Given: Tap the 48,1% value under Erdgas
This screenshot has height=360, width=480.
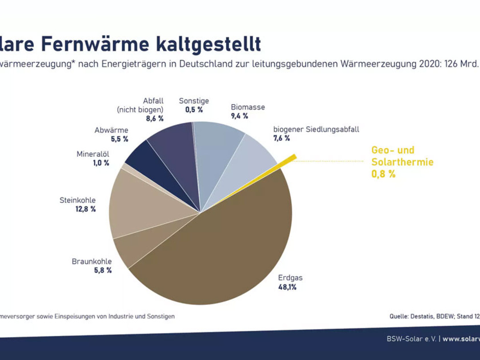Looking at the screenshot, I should click(287, 287).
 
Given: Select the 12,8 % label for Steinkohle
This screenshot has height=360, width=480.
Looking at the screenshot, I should click(85, 209).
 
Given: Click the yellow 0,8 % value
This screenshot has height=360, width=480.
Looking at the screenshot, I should click(383, 174).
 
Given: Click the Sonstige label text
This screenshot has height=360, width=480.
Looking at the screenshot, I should click(194, 101).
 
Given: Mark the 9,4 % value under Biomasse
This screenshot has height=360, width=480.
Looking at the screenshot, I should click(239, 116).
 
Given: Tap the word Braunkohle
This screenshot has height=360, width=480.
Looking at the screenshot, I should click(91, 262).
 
